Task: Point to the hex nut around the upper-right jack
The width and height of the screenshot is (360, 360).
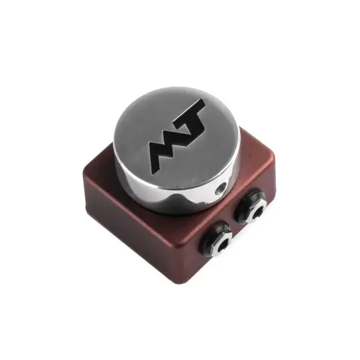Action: pos(250,207)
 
